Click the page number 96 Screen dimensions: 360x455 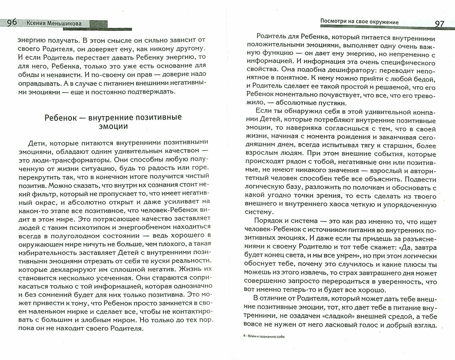tap(12, 23)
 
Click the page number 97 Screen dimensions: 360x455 tap(440, 24)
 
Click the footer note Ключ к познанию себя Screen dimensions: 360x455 tap(266, 336)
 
